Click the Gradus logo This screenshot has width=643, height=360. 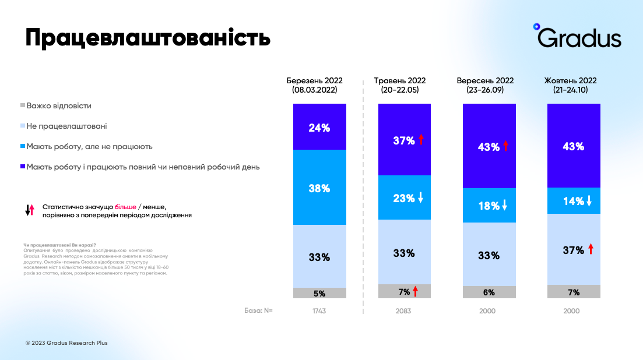coord(578,37)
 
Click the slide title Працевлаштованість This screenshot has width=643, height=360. coord(147,38)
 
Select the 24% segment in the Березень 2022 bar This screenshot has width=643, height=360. coord(319,127)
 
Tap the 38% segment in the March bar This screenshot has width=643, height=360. coord(319,188)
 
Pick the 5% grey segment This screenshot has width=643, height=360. coord(319,293)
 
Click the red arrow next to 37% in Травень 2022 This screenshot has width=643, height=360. coord(421,139)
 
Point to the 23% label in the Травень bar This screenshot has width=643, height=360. coord(403,197)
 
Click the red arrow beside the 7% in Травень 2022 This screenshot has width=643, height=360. coord(416,291)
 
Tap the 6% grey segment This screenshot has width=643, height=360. coord(489,292)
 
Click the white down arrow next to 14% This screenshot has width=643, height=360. coord(589,201)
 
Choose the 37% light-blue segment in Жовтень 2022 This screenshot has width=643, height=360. coord(574,249)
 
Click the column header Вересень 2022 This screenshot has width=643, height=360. coord(485,85)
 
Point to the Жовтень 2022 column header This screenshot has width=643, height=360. coord(570,85)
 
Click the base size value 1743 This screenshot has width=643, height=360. coord(319,311)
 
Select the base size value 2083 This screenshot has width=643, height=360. coord(403,311)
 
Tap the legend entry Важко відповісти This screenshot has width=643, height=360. coord(59,106)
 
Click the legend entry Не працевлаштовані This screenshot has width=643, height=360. coord(66,126)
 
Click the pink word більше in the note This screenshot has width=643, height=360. coord(125,207)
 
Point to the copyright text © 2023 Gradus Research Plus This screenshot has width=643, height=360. coord(66,343)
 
